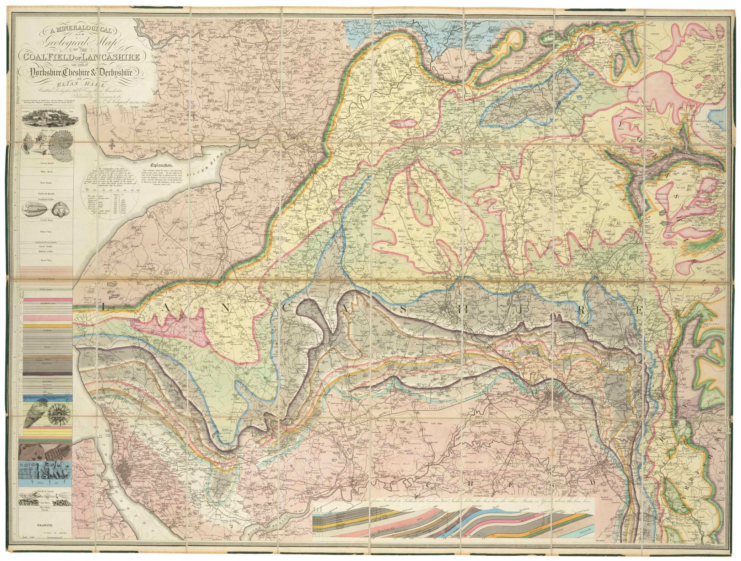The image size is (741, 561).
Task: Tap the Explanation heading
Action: coord(161,166)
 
